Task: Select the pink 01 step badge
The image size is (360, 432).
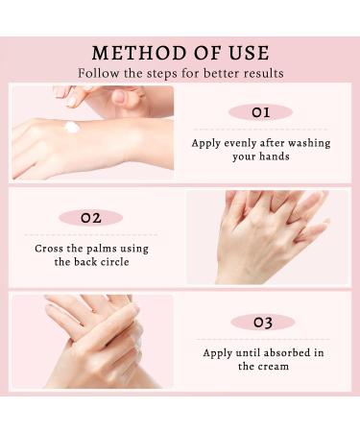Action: coord(260,112)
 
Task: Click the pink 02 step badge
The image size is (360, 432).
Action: coord(90,218)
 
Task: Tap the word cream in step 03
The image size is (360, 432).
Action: coord(271,366)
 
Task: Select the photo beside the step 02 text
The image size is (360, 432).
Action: coord(267,236)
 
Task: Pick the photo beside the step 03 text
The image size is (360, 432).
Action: coord(92,341)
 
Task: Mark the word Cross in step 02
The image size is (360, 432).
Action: coord(51,247)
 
